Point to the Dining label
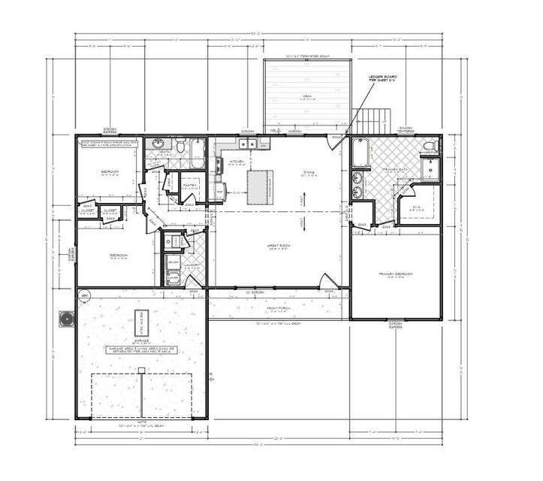coord(308,172)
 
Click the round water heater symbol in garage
coord(85,297)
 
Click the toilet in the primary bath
coord(429,146)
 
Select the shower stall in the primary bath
coord(433,171)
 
